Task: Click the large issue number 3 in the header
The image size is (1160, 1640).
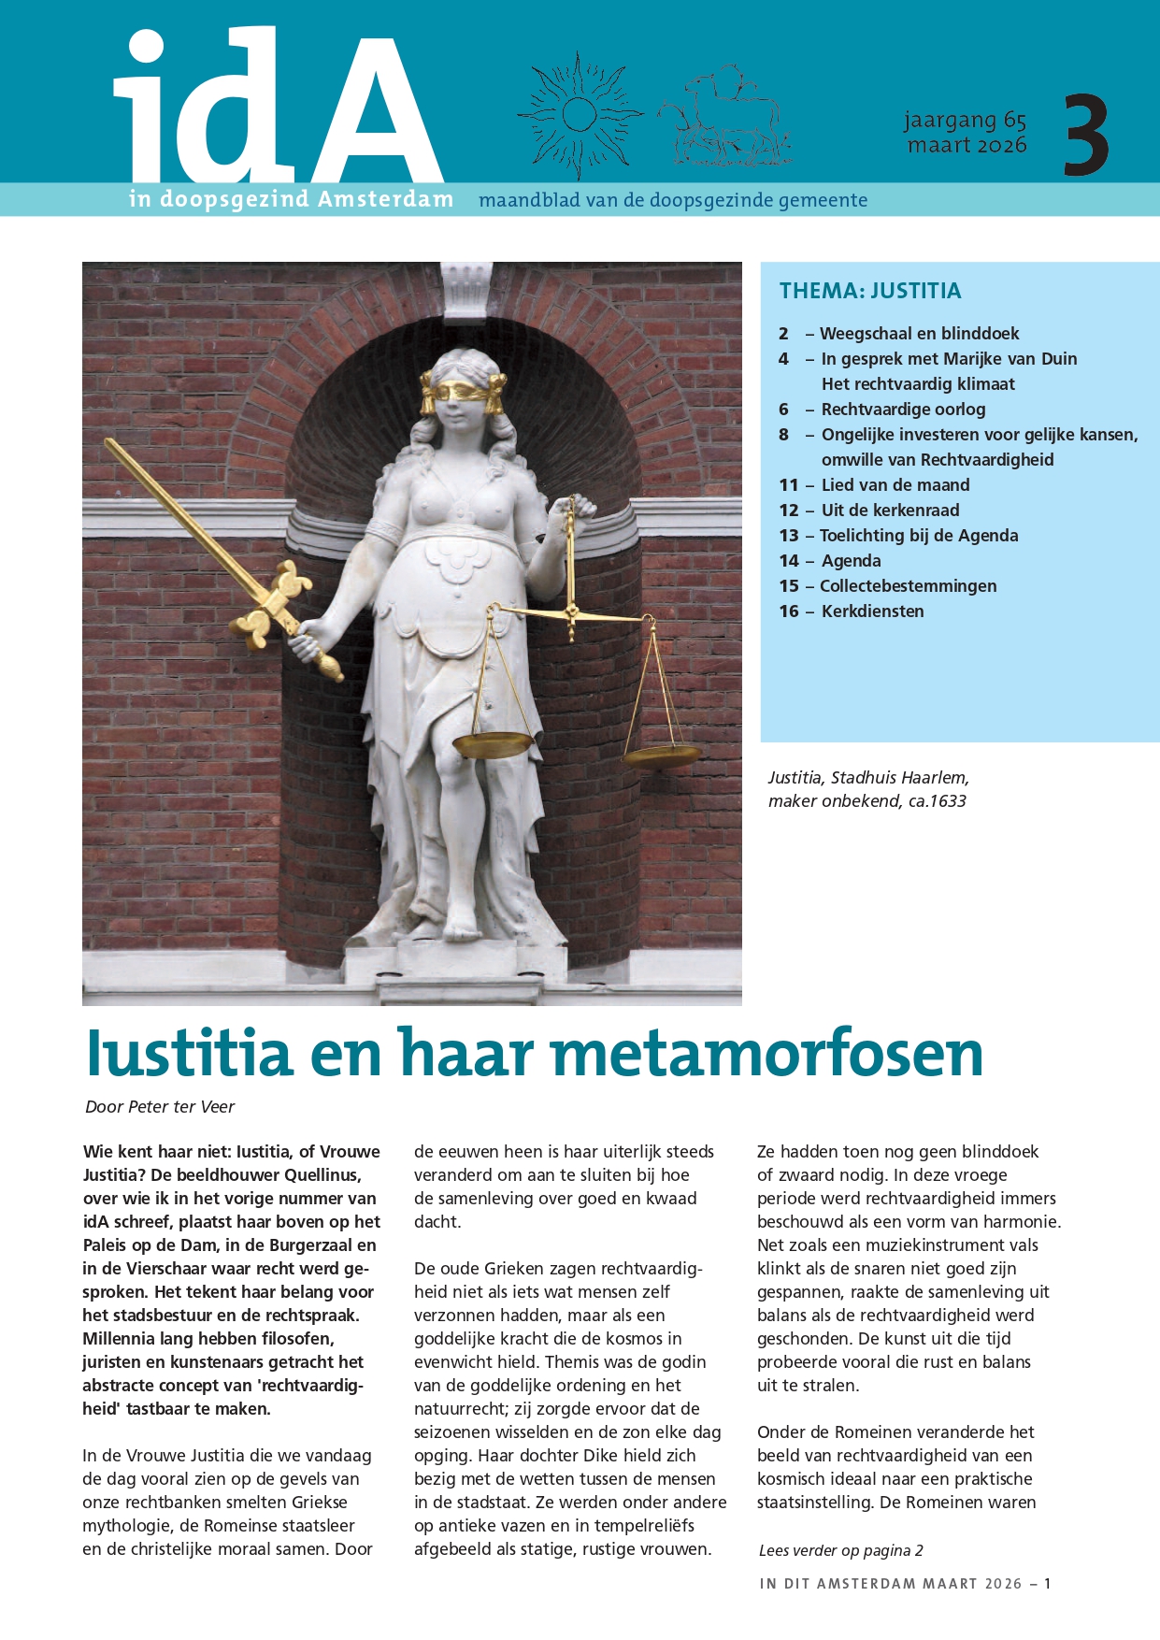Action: (1086, 135)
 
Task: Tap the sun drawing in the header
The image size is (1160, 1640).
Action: (580, 115)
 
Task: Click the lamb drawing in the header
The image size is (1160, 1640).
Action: (727, 115)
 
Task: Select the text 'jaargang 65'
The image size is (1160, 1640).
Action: (965, 121)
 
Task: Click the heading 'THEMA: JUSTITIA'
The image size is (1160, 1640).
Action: (870, 291)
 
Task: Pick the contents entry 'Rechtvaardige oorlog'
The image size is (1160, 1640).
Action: (903, 410)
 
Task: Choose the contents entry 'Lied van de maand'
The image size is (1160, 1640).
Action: (895, 485)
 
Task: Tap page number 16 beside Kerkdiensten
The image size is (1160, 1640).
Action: (789, 611)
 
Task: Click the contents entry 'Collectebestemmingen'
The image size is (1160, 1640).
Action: (908, 586)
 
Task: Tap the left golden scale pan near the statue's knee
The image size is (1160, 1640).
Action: (493, 745)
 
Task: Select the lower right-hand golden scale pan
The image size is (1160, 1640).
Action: (662, 755)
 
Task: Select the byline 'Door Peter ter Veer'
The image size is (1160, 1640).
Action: (160, 1107)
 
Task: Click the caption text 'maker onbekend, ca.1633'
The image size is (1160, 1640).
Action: (866, 801)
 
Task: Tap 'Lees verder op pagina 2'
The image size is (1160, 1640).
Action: (840, 1550)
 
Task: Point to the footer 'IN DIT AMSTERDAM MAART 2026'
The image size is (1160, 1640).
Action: (891, 1584)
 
